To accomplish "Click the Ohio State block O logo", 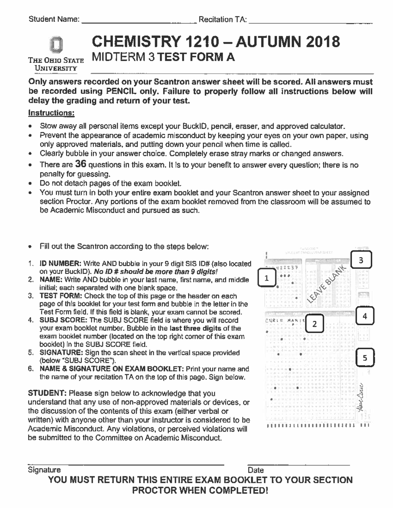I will [x=56, y=45].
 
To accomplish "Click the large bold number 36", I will [x=80, y=164].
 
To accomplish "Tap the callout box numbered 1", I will [x=267, y=278].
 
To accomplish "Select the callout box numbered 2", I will [x=314, y=324].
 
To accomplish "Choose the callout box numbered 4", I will [x=365, y=316].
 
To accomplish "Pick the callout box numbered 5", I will [x=365, y=358].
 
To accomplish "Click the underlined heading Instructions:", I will [x=51, y=113].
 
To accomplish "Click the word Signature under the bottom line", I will [x=44, y=470].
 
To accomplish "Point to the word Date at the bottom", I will [x=256, y=470].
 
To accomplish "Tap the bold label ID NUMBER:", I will [x=61, y=264].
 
